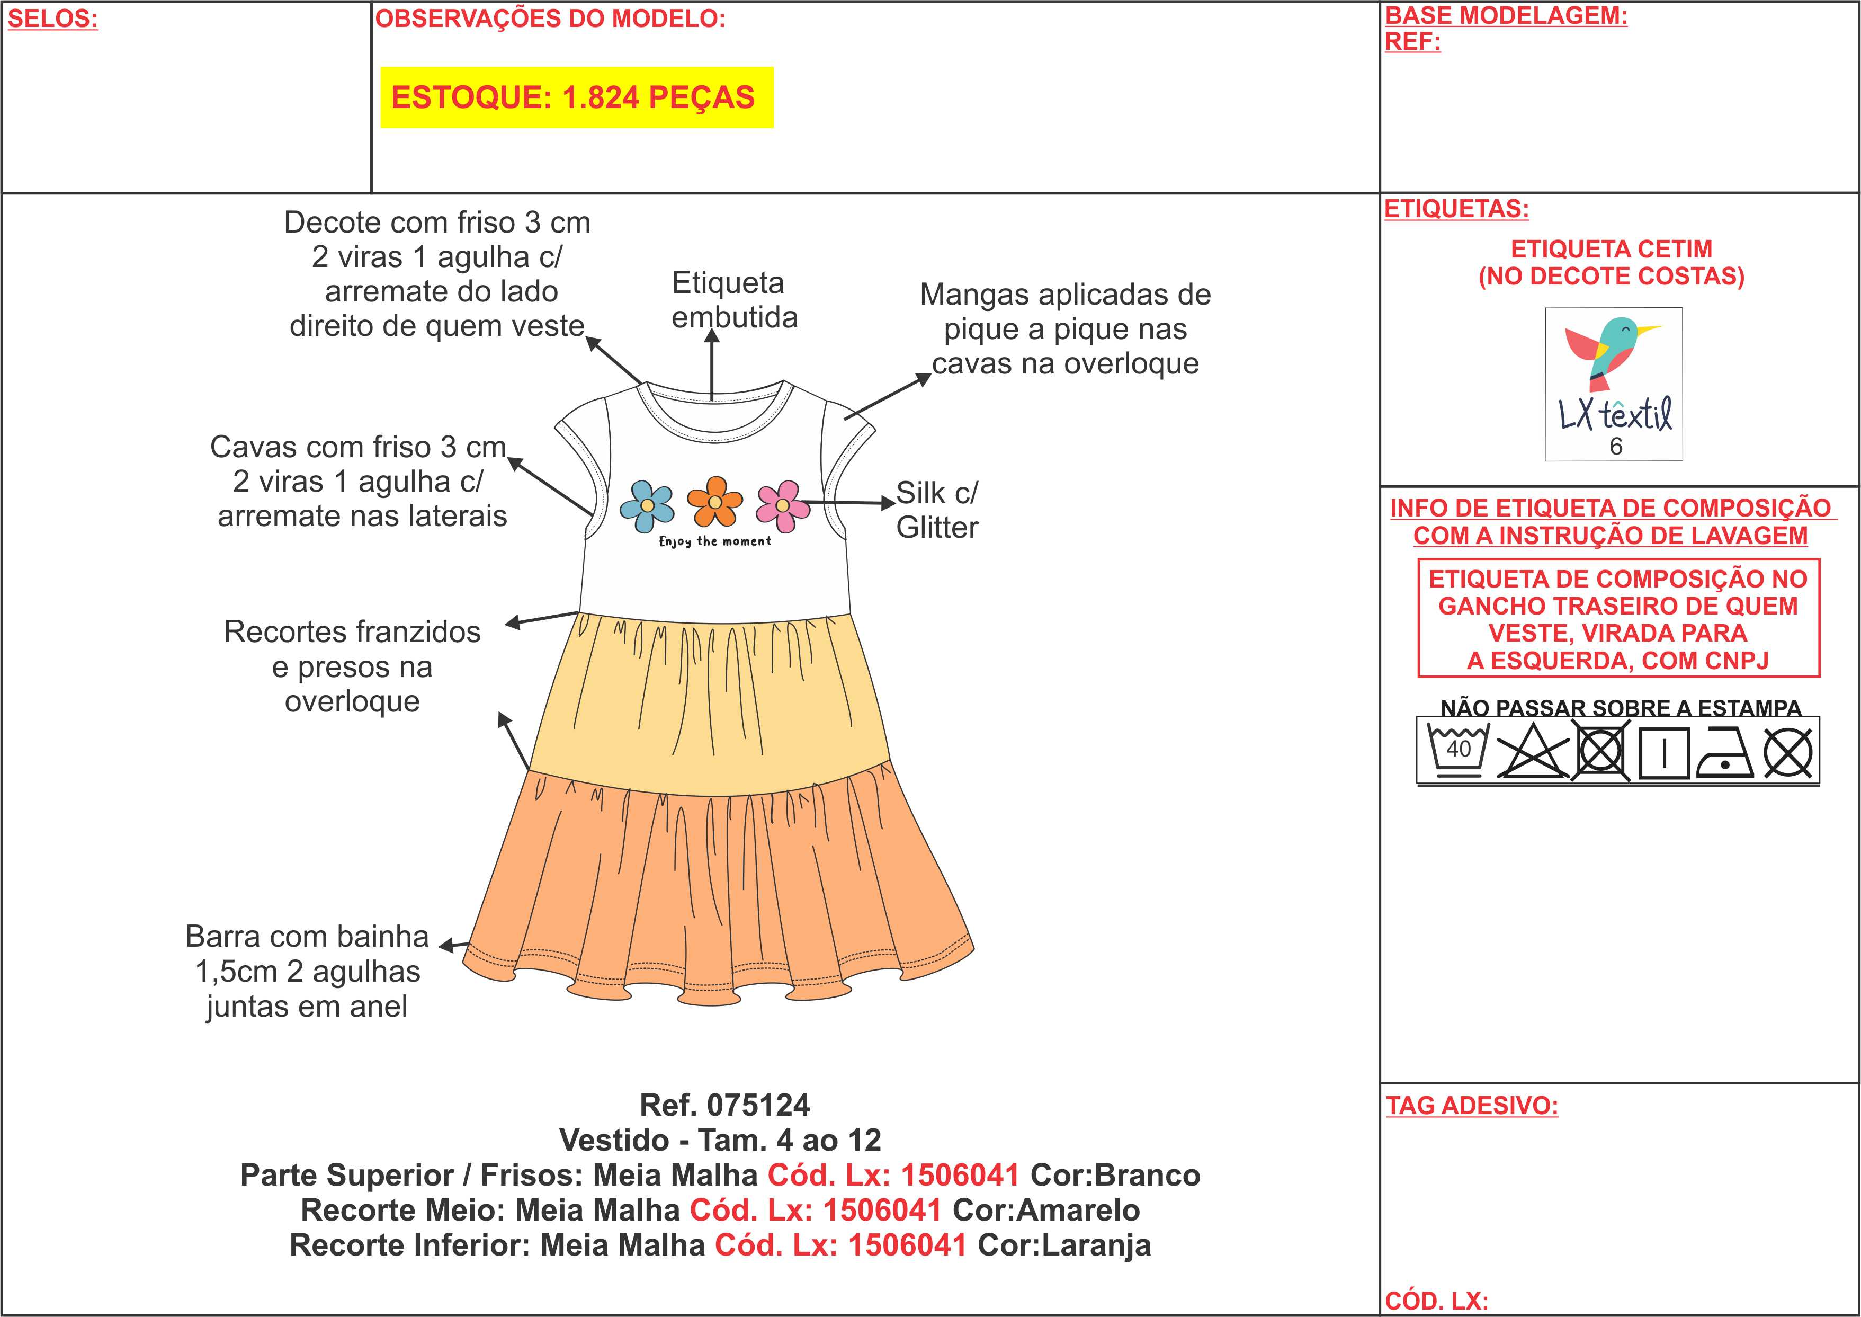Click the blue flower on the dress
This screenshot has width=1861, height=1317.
point(646,504)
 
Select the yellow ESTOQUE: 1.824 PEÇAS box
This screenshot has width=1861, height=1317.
point(576,97)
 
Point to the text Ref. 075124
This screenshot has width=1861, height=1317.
point(724,1105)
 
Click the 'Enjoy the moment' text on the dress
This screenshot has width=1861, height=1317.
point(715,541)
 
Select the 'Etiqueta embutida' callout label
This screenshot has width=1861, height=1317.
point(733,300)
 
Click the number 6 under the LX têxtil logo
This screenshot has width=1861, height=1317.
point(1615,447)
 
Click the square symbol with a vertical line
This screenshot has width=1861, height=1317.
point(1663,753)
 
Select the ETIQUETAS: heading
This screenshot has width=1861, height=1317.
point(1456,209)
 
